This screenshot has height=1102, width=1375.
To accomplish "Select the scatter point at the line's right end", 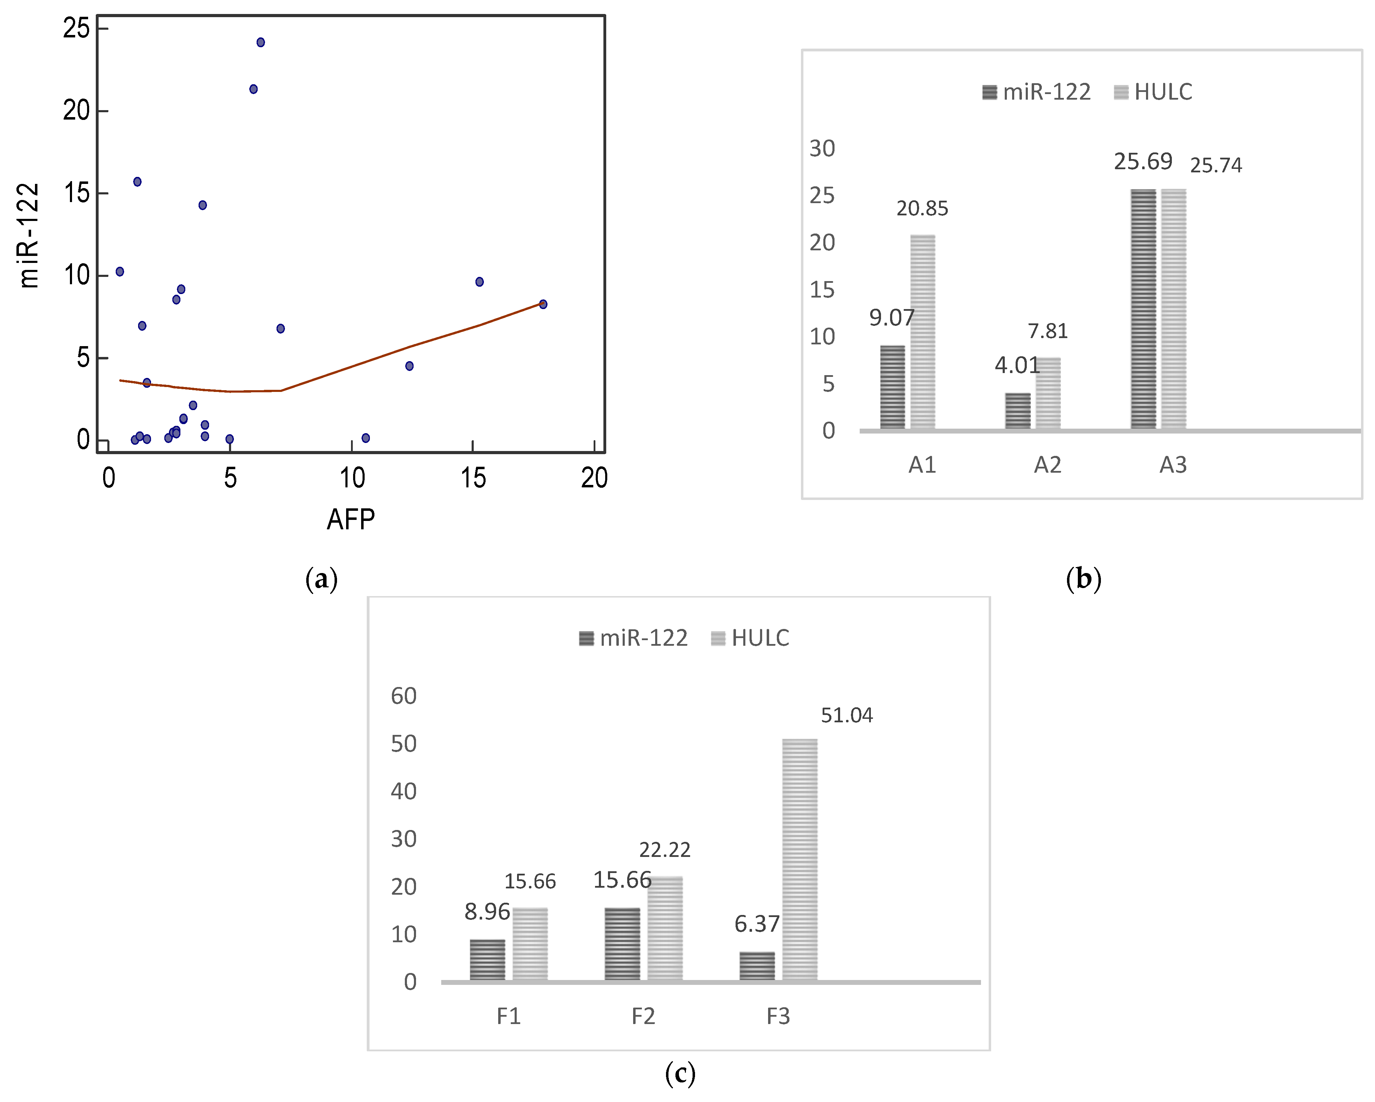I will coord(543,304).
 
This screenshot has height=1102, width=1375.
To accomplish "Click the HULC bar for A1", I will coord(922,332).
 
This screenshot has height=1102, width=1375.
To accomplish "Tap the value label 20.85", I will coord(922,208).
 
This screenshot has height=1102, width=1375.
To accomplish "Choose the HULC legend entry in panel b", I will coord(1153,92).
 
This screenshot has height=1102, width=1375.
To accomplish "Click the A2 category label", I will coord(1047,465).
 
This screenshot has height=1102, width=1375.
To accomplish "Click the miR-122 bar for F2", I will coord(622,944).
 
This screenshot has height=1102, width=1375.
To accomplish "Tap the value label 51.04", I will coord(846,716).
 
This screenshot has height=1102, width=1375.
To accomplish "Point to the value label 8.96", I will coord(487,912).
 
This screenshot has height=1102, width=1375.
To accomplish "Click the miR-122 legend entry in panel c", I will coord(633,638).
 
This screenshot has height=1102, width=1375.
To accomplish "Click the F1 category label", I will coord(508,1016).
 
